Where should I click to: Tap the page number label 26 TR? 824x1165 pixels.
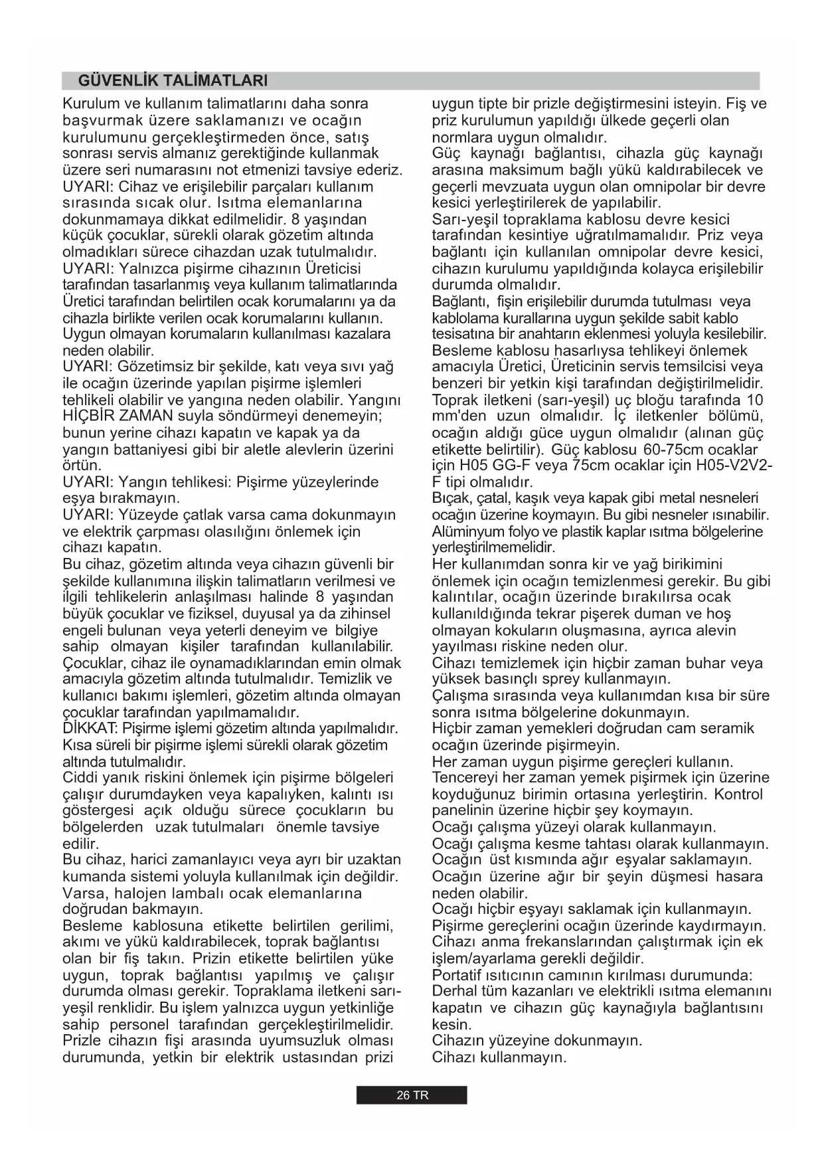[x=412, y=1095]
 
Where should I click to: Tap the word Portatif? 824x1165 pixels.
[x=455, y=975]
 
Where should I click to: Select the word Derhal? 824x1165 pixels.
[x=453, y=991]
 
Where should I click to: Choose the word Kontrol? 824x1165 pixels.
[x=738, y=794]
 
